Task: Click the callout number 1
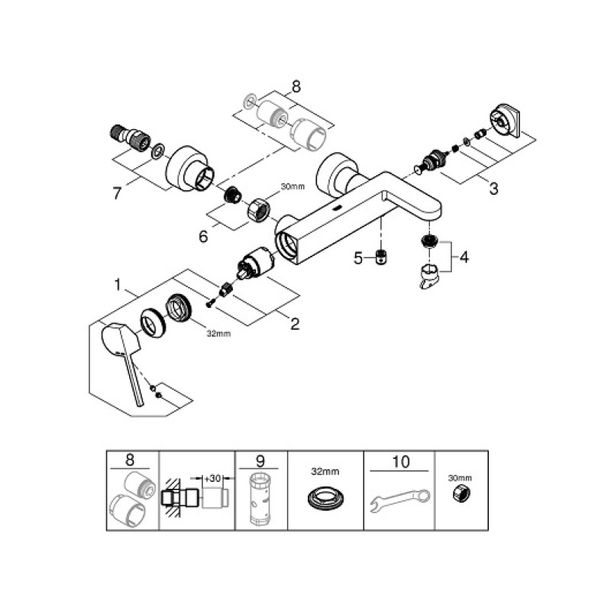tap(118, 286)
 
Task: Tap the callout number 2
tap(294, 323)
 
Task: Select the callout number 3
tap(494, 188)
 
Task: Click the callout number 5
tap(358, 257)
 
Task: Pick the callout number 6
tap(203, 237)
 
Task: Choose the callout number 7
tap(117, 193)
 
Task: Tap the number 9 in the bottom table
tap(261, 461)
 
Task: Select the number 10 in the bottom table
tap(400, 461)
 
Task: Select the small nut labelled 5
tap(380, 257)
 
